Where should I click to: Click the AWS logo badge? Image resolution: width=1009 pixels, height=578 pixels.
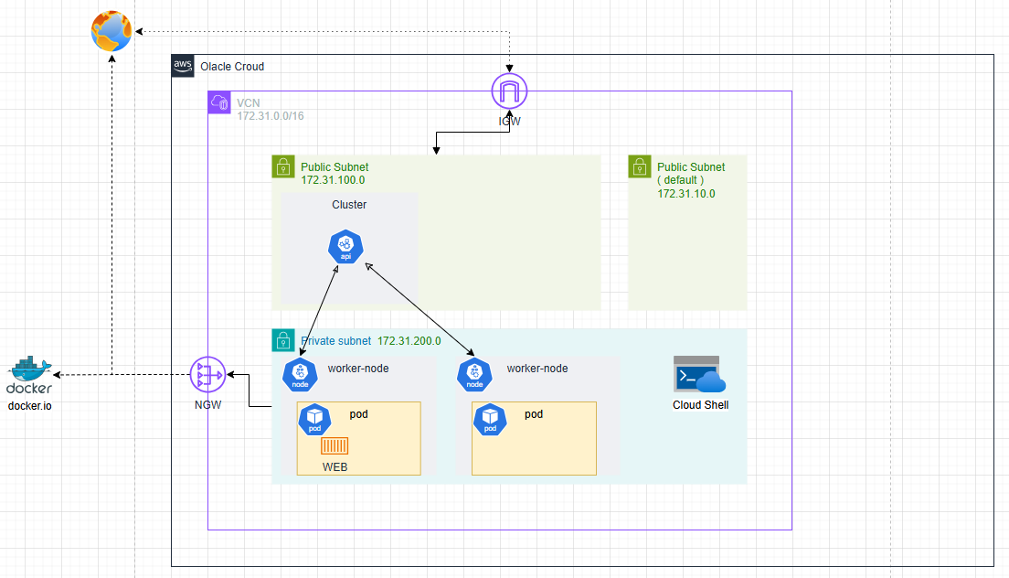(183, 66)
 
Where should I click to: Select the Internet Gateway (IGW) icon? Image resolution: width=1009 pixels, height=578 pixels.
(509, 92)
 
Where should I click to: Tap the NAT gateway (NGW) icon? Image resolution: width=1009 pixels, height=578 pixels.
(207, 375)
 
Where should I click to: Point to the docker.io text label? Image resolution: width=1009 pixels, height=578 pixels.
(30, 405)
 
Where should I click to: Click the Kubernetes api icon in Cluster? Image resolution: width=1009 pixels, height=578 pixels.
(345, 247)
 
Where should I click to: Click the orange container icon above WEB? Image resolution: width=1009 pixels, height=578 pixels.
(335, 445)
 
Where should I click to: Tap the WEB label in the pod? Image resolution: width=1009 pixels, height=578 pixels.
(335, 467)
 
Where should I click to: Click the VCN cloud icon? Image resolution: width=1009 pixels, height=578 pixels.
(219, 102)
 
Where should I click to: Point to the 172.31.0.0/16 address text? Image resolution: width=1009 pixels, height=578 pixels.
(270, 116)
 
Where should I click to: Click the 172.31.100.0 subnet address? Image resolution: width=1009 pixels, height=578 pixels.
(333, 181)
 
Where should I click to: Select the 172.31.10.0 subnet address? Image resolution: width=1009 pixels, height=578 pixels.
(685, 194)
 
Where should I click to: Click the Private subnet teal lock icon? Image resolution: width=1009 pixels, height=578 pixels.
(282, 340)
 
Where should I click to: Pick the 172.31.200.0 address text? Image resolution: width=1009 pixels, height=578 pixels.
(409, 341)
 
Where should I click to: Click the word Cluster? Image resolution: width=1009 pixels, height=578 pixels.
(349, 205)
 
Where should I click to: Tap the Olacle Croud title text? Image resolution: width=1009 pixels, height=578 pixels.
(232, 67)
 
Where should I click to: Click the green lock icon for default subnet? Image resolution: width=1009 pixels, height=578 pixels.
(639, 166)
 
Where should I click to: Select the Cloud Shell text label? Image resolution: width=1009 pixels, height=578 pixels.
(700, 405)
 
